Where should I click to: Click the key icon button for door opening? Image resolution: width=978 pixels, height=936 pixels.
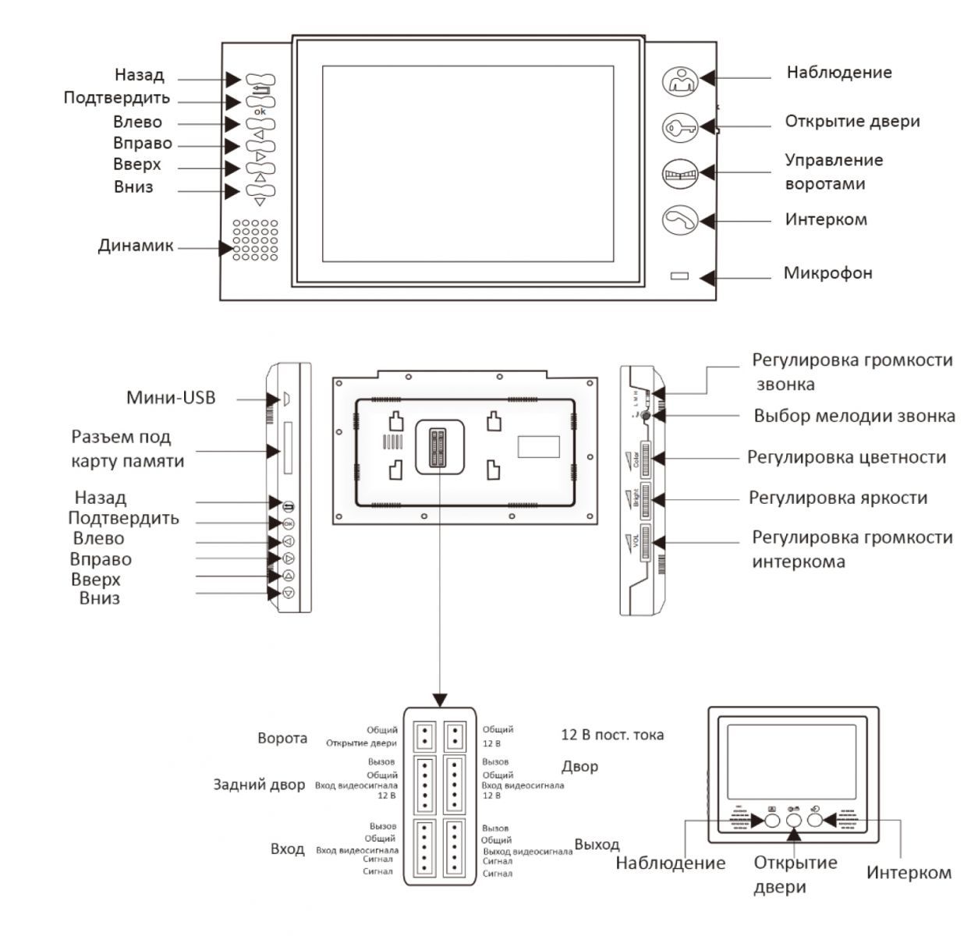(x=679, y=127)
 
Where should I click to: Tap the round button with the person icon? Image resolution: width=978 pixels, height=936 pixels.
(x=679, y=80)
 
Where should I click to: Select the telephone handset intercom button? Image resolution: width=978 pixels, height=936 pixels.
(x=679, y=221)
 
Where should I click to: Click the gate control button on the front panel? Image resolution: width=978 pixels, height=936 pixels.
(x=679, y=174)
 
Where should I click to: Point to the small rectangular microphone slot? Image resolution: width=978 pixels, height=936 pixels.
(x=679, y=276)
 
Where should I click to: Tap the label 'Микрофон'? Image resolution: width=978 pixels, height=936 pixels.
(x=827, y=274)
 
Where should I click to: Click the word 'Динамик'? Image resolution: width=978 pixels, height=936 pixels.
(x=136, y=246)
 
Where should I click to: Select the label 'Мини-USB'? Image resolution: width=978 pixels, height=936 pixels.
(x=171, y=398)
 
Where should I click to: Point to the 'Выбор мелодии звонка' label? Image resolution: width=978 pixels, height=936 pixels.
(x=854, y=416)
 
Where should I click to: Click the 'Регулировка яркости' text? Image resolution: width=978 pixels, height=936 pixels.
(x=838, y=498)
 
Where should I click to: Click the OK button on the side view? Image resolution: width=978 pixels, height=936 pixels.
(x=288, y=523)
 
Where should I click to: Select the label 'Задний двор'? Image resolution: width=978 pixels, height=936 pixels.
(x=259, y=785)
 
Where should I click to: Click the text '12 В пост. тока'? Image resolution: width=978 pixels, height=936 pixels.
(x=612, y=735)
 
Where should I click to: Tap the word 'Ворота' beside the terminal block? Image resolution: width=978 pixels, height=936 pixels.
(x=282, y=738)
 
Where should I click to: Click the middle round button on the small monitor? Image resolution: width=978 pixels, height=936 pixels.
(x=794, y=820)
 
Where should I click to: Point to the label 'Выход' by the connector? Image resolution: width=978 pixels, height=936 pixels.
(x=597, y=845)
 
